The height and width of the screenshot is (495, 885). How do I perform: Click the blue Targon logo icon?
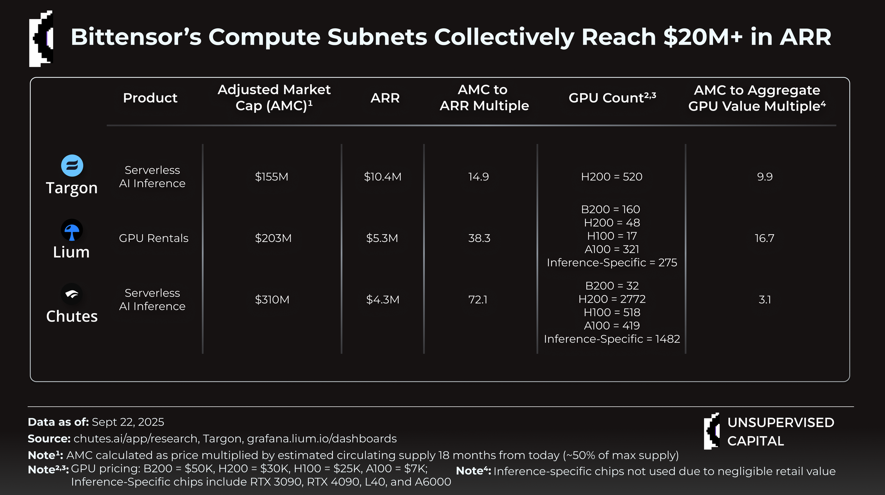click(x=72, y=165)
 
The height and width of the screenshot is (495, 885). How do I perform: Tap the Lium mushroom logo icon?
click(x=72, y=230)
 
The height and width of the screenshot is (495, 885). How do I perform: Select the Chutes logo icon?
click(x=72, y=294)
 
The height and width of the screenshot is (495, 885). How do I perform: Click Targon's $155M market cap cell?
click(x=272, y=176)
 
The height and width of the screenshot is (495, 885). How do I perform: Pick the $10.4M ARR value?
click(x=383, y=176)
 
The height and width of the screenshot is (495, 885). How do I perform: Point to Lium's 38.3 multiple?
click(x=479, y=238)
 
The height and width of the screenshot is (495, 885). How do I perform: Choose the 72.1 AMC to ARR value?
click(x=478, y=300)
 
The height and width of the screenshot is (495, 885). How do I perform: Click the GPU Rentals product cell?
click(x=154, y=238)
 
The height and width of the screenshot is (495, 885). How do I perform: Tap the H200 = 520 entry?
click(x=612, y=176)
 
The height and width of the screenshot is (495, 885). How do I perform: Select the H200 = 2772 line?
click(x=612, y=299)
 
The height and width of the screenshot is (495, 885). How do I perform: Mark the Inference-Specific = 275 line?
click(x=612, y=263)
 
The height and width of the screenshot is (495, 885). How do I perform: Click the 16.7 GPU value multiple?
click(x=765, y=238)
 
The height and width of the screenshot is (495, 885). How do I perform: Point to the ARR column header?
click(x=385, y=98)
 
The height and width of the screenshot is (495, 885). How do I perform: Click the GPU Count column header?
click(x=612, y=97)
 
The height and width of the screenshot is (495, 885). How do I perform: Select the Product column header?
click(x=150, y=98)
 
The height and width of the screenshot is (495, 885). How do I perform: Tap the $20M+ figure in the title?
click(x=703, y=37)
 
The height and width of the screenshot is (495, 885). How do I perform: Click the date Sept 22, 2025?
click(x=128, y=422)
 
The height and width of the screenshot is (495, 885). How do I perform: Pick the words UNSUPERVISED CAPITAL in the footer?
click(x=781, y=432)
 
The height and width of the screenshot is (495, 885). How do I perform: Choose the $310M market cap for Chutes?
click(x=272, y=300)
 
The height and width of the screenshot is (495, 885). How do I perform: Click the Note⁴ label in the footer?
click(x=473, y=471)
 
